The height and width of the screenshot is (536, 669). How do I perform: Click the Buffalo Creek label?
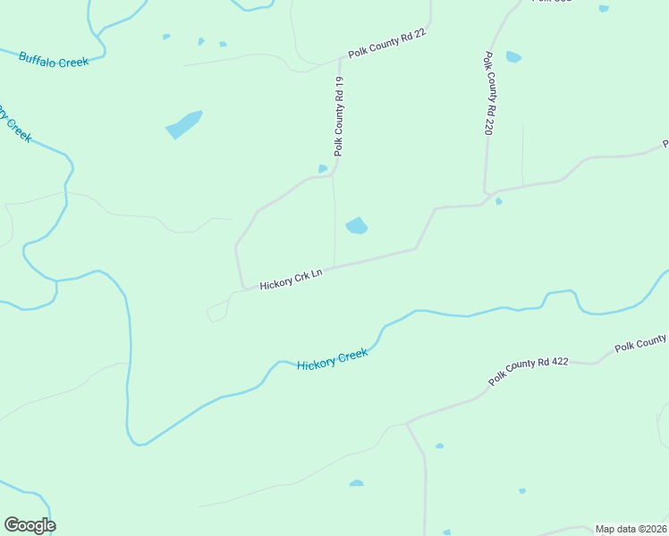pyautogui.click(x=54, y=61)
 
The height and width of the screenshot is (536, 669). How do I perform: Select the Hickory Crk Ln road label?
pyautogui.click(x=290, y=279)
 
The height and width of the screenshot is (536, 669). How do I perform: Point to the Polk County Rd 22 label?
pyautogui.click(x=387, y=43)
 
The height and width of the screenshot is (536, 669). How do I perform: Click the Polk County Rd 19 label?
pyautogui.click(x=339, y=117)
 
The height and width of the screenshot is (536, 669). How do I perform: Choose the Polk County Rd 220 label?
pyautogui.click(x=489, y=93)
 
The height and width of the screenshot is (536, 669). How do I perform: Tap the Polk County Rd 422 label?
pyautogui.click(x=530, y=372)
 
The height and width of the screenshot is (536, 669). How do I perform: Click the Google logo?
pyautogui.click(x=30, y=525)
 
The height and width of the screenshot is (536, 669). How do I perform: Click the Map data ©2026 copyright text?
pyautogui.click(x=631, y=529)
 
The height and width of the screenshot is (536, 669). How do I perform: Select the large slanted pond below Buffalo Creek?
pyautogui.click(x=184, y=124)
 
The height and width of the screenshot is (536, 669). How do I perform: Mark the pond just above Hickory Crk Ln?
pyautogui.click(x=357, y=226)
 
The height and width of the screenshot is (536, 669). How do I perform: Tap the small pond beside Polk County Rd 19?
pyautogui.click(x=323, y=168)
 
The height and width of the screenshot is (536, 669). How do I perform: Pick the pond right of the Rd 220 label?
pyautogui.click(x=513, y=57)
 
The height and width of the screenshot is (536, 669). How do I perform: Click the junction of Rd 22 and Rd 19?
pyautogui.click(x=342, y=61)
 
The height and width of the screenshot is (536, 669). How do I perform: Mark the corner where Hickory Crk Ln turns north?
pyautogui.click(x=241, y=286)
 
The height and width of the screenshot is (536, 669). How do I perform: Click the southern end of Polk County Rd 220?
pyautogui.click(x=485, y=191)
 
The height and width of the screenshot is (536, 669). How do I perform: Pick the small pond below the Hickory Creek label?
pyautogui.click(x=357, y=483)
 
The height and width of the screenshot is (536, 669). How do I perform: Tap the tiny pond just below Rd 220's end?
pyautogui.click(x=498, y=201)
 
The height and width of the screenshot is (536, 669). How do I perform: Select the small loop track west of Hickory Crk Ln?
pyautogui.click(x=217, y=312)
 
